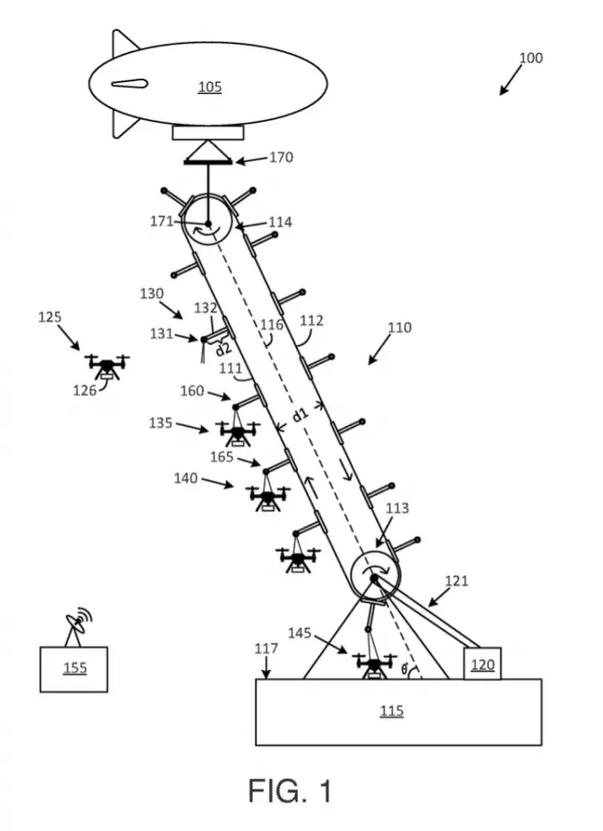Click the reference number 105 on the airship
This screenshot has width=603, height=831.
pos(209,87)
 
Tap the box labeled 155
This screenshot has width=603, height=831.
pos(74,669)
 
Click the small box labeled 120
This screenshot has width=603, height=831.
pos(482,663)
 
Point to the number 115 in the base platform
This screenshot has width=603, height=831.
pos(392,711)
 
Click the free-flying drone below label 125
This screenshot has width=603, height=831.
pos(107,366)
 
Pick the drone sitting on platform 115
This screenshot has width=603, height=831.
pos(375,666)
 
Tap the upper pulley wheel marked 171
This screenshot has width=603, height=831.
pos(208,222)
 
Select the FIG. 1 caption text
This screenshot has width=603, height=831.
pos(290,791)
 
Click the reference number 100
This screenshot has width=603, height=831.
pos(530,58)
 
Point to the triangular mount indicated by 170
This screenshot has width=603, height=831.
pos(208,153)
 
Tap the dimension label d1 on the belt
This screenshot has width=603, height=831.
pos(300,415)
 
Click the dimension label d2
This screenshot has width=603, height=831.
pos(224,349)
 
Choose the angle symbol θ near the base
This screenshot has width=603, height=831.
pos(405,670)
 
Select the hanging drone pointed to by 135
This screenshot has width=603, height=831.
pos(238,433)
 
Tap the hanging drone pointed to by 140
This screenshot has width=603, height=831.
pos(268,499)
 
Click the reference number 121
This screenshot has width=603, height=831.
pos(456,581)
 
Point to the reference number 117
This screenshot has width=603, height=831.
pos(265,648)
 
